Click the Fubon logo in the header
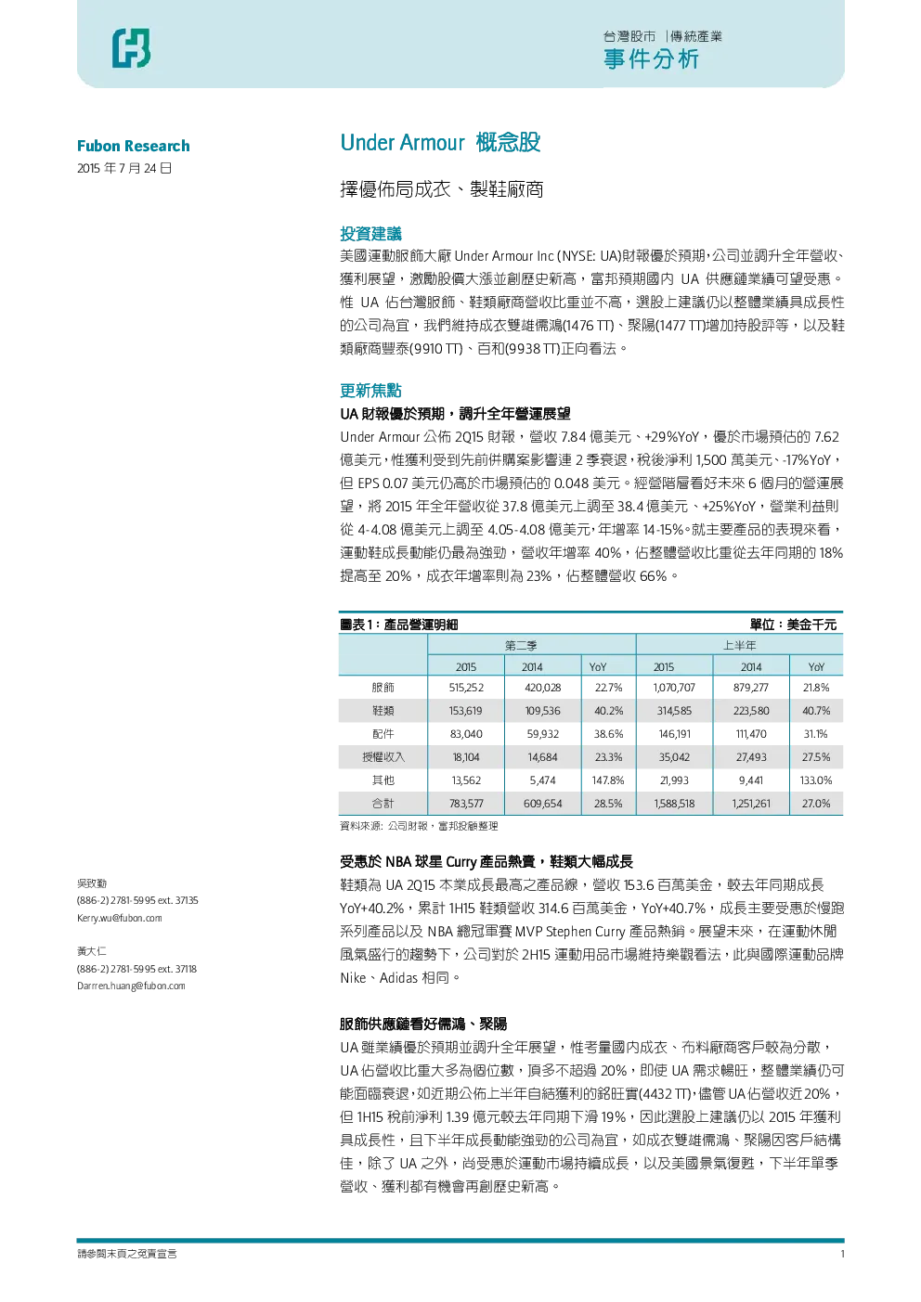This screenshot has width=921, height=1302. (x=132, y=47)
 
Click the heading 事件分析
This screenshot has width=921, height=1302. (x=651, y=60)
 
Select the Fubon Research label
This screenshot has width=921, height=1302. (x=133, y=146)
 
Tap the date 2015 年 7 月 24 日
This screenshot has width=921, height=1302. (x=124, y=169)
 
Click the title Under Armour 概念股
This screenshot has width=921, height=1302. (x=440, y=142)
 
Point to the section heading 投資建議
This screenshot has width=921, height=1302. (x=370, y=234)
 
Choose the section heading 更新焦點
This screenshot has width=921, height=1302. (x=370, y=391)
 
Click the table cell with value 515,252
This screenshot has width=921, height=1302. (x=466, y=688)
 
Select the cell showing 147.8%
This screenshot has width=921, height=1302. (x=608, y=780)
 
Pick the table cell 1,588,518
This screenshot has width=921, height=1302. (x=674, y=804)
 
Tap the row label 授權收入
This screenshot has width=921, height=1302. (x=383, y=756)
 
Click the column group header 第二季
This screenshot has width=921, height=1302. (x=521, y=645)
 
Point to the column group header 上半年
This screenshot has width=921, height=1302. (x=740, y=645)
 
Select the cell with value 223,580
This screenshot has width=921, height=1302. (x=751, y=711)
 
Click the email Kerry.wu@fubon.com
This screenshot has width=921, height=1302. (x=119, y=918)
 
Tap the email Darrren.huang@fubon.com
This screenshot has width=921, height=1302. (x=131, y=986)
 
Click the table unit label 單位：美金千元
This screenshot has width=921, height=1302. (x=793, y=625)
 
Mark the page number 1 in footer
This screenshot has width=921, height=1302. (x=842, y=1254)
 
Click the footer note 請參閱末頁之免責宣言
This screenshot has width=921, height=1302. (x=127, y=1254)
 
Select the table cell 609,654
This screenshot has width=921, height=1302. (x=542, y=804)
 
